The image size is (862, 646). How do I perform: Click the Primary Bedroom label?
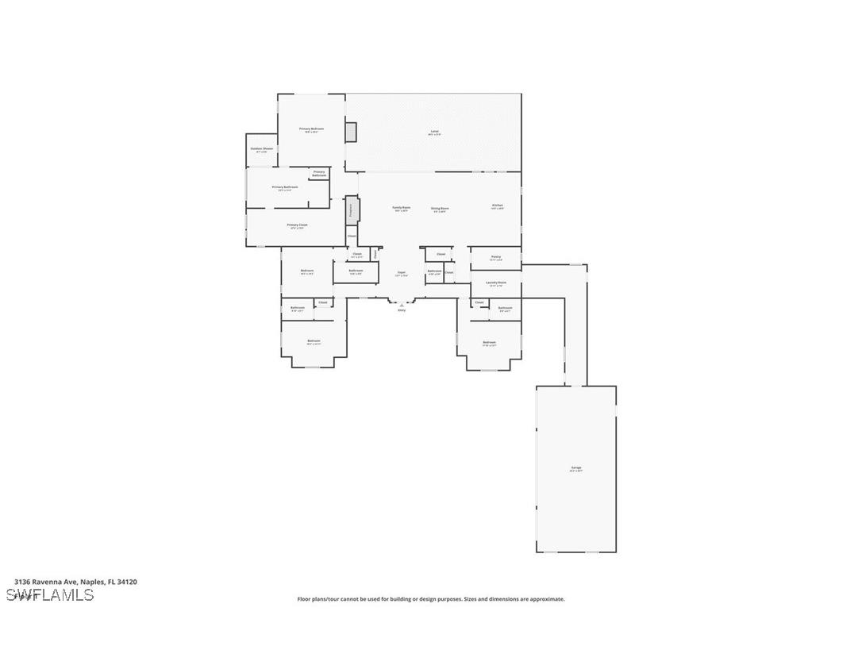[x=311, y=129]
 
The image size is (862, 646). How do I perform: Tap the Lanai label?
[x=434, y=132]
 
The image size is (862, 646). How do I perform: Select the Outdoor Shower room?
[x=262, y=150]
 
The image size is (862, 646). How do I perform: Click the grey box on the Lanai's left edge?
[x=351, y=132]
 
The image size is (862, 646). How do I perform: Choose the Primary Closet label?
[x=297, y=225]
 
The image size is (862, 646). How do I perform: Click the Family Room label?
[x=401, y=208]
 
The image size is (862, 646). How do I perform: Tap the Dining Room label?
[x=440, y=209]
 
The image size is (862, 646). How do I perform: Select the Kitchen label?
[x=498, y=206]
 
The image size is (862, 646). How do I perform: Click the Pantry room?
[x=495, y=258]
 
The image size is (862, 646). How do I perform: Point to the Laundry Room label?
[x=496, y=283]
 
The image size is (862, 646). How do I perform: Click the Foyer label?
[x=402, y=273]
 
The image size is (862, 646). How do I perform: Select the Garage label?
[x=576, y=468]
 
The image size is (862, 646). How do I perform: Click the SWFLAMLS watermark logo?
[x=50, y=595]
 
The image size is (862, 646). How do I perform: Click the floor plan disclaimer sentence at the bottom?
[x=431, y=599]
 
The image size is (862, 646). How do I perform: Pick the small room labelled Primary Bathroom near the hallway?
[x=319, y=173]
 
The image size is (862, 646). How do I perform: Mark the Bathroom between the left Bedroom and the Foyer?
[x=356, y=271]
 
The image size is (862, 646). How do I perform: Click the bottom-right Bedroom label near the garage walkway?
[x=490, y=343]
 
